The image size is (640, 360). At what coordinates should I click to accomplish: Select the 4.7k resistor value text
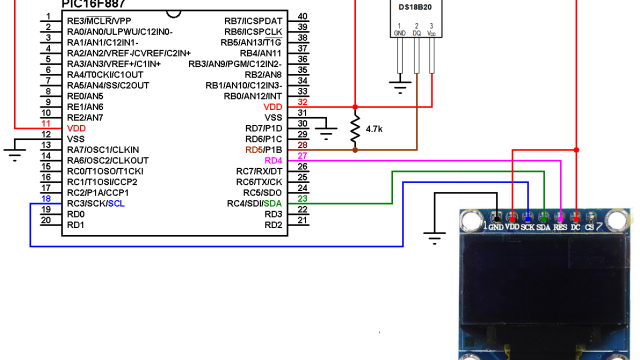click(x=377, y=129)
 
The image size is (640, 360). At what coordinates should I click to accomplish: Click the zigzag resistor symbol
click(x=354, y=127)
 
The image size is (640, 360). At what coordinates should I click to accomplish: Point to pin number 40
click(x=302, y=17)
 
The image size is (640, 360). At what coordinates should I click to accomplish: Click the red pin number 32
click(x=302, y=104)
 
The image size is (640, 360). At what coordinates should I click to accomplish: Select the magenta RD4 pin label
click(x=273, y=160)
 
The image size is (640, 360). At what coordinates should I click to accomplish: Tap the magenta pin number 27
click(x=302, y=158)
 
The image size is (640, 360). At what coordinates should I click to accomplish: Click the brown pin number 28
click(x=302, y=147)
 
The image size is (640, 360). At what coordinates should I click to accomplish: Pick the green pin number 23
click(x=302, y=201)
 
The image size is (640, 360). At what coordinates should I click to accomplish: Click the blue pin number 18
click(x=46, y=201)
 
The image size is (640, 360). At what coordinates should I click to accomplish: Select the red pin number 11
click(x=46, y=126)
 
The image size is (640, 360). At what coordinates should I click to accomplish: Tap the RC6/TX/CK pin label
click(x=259, y=182)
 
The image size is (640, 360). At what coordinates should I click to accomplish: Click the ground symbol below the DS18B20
click(x=401, y=87)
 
